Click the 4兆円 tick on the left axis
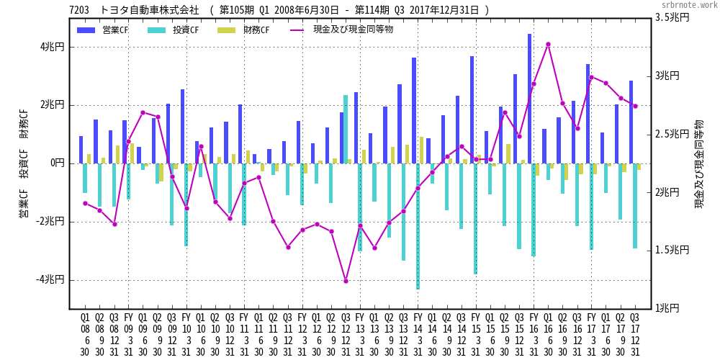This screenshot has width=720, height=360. tap(53, 47)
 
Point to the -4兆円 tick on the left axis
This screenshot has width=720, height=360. tap(51, 279)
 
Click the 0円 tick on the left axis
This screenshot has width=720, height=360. tap(58, 163)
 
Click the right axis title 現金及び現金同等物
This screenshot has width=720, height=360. tap(699, 164)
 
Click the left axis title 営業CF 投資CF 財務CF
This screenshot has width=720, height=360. tap(24, 163)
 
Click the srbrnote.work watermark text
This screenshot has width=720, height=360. tap(689, 5)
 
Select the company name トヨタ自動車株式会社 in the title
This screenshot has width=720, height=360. tap(149, 10)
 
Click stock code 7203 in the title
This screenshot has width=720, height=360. tap(79, 10)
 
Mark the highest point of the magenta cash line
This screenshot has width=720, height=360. tap(548, 44)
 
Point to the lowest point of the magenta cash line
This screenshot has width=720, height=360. tap(346, 281)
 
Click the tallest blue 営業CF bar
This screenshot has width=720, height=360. tap(529, 98)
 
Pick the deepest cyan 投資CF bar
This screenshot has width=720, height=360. tap(418, 226)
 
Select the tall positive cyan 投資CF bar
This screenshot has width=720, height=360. tap(346, 129)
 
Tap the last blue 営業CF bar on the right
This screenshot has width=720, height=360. tap(631, 122)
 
